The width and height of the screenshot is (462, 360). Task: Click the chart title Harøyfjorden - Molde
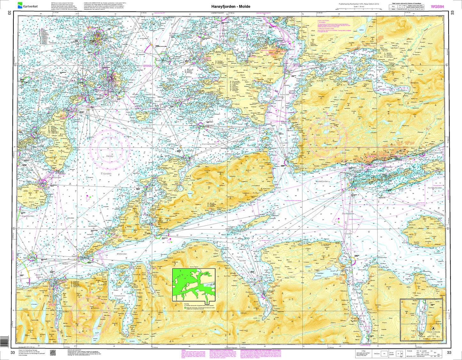coord(231,6)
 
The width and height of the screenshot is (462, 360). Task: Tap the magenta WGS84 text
coord(437,6)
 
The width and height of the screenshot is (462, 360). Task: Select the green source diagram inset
coord(194,285)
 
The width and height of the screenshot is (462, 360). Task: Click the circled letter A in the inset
coord(434,328)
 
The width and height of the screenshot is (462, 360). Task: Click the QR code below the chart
coord(53,352)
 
